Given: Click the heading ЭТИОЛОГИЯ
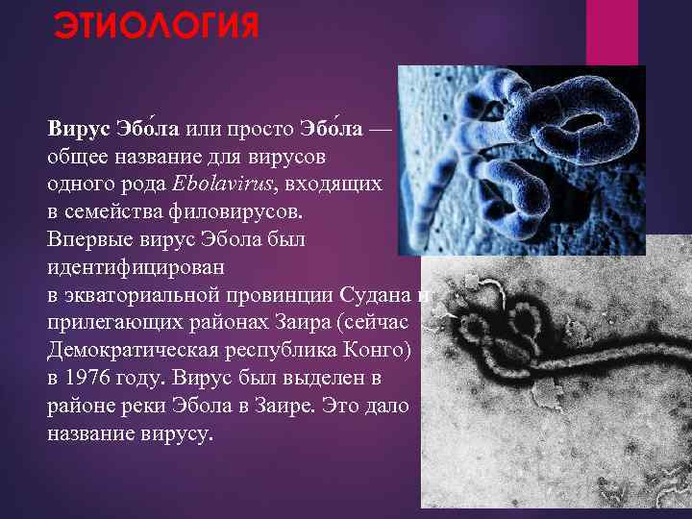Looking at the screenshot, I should [x=155, y=24].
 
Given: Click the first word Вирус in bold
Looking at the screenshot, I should [x=78, y=128].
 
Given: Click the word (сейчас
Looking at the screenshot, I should [x=373, y=317].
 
